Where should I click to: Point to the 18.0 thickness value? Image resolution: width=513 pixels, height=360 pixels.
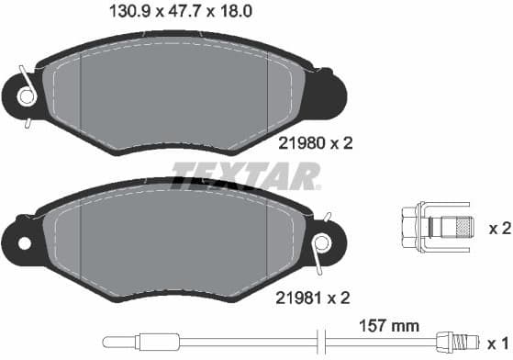231,14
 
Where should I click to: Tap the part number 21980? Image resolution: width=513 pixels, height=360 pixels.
299,142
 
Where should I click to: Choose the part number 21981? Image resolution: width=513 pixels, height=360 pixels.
299,298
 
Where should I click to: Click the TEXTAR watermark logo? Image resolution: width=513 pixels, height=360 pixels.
246,174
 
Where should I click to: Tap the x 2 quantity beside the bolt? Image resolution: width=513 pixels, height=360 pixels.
498,228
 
